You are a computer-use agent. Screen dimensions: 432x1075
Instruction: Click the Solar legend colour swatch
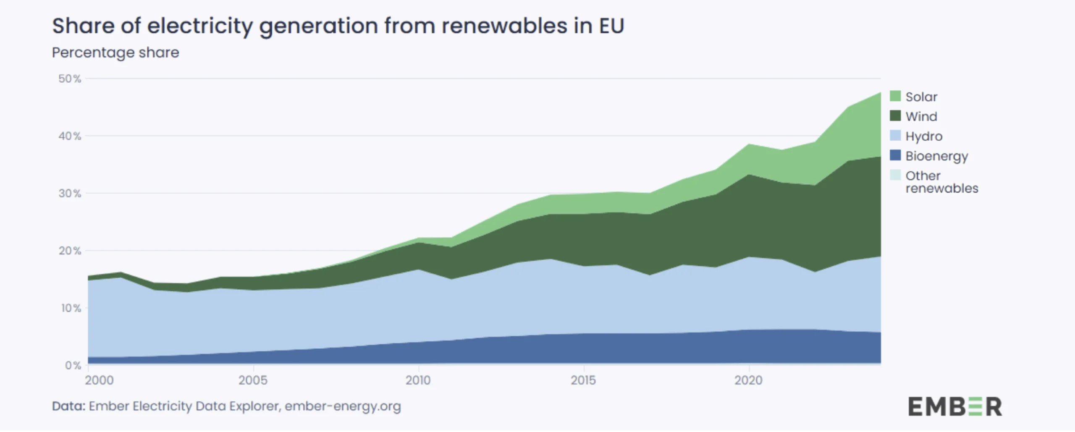895,96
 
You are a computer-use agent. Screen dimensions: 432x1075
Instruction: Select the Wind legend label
921,116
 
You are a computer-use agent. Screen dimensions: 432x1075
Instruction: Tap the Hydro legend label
924,136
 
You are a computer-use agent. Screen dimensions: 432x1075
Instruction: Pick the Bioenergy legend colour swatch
895,155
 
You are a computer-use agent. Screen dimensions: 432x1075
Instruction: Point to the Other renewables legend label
941,182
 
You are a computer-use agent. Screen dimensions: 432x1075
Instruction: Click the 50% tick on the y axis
70,79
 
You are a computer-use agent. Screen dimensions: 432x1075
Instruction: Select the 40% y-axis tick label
70,136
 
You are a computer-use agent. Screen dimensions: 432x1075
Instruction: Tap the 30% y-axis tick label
70,194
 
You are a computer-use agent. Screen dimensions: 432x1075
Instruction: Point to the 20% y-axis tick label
70,251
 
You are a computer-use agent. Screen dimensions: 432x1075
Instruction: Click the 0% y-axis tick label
73,365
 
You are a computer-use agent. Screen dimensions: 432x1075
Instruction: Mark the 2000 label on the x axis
99,380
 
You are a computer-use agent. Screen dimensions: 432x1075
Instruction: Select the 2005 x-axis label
253,380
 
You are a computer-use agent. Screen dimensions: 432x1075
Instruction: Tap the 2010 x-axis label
418,380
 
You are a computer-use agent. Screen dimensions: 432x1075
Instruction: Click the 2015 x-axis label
583,380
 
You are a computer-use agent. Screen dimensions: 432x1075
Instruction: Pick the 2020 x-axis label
748,380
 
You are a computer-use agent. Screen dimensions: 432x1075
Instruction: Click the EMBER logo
955,406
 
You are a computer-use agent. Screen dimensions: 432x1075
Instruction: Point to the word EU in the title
611,26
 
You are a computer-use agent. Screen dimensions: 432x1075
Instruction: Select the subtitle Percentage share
115,52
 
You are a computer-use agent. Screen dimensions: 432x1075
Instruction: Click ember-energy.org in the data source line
343,406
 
